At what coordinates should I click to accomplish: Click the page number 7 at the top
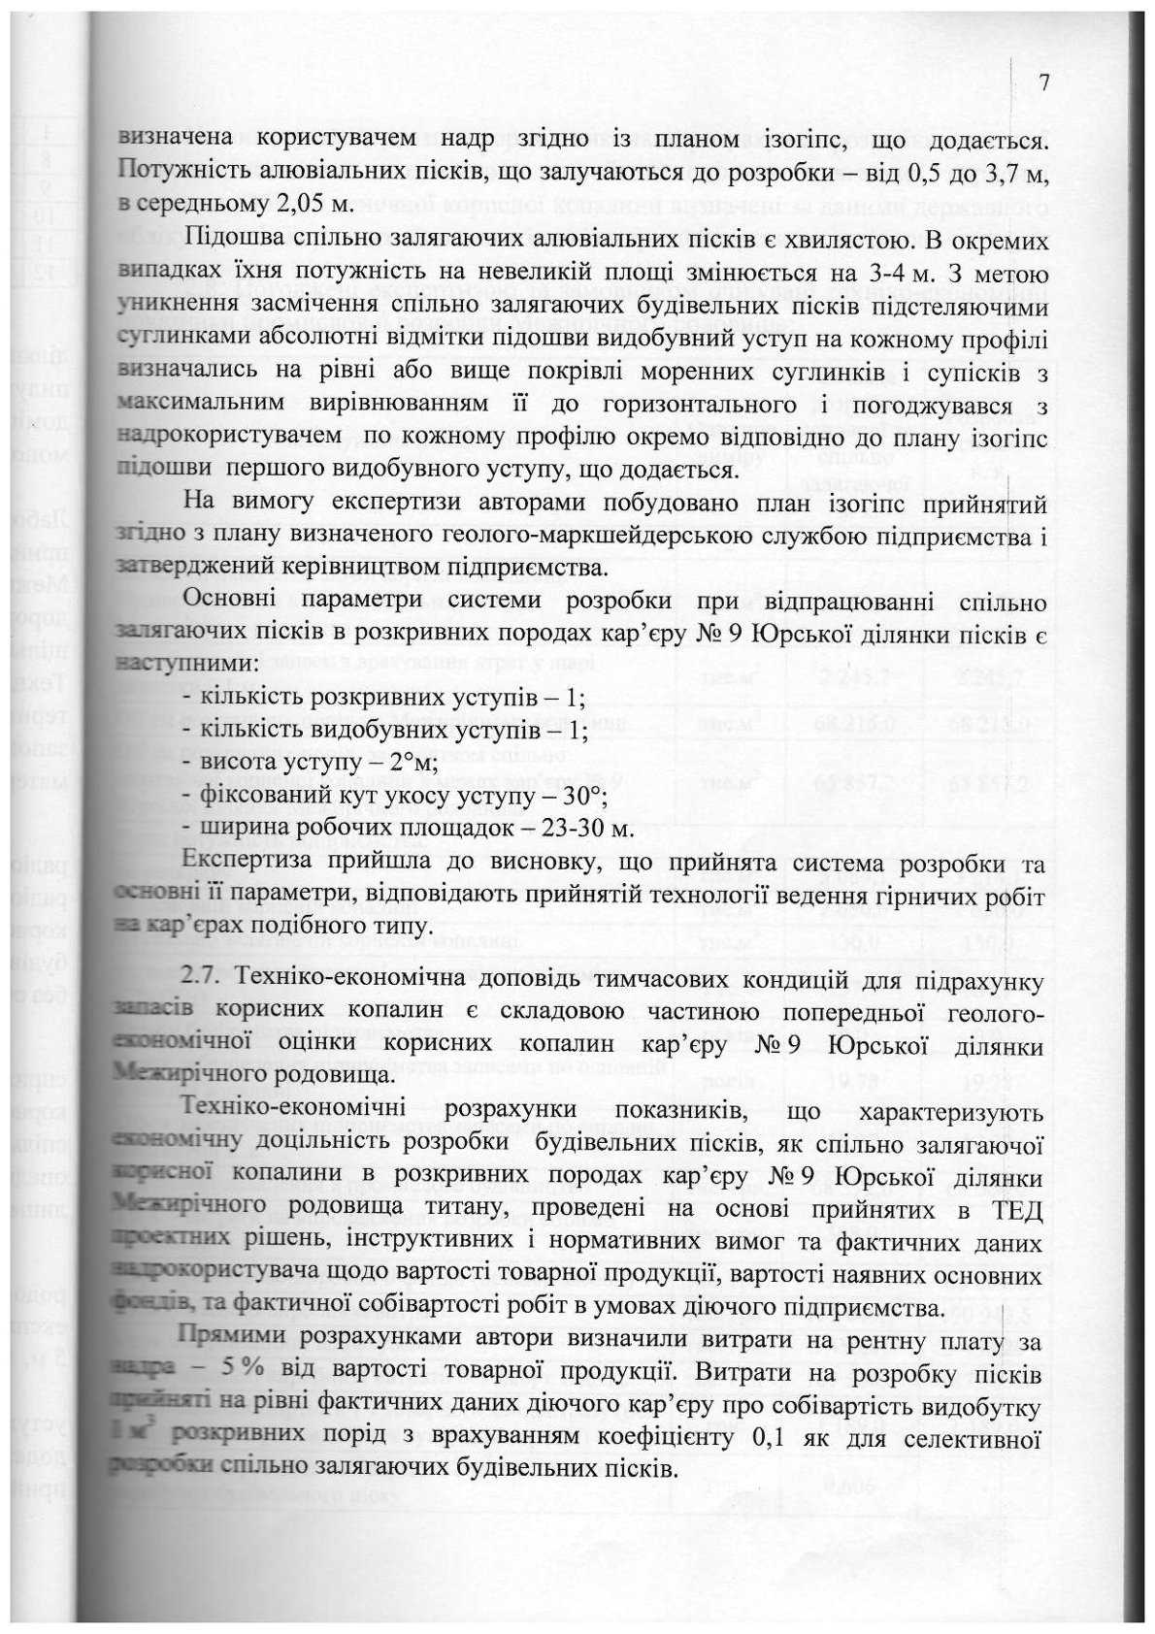[x=1044, y=82]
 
